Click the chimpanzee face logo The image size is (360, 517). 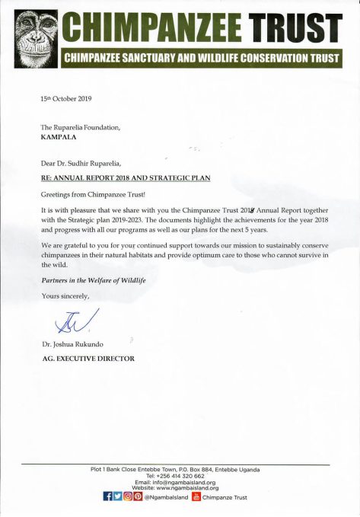30,37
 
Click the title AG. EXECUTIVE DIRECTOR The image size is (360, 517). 88,358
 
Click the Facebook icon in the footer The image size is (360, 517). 107,498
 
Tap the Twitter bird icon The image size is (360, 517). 117,498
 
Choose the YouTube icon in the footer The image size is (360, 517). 196,498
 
